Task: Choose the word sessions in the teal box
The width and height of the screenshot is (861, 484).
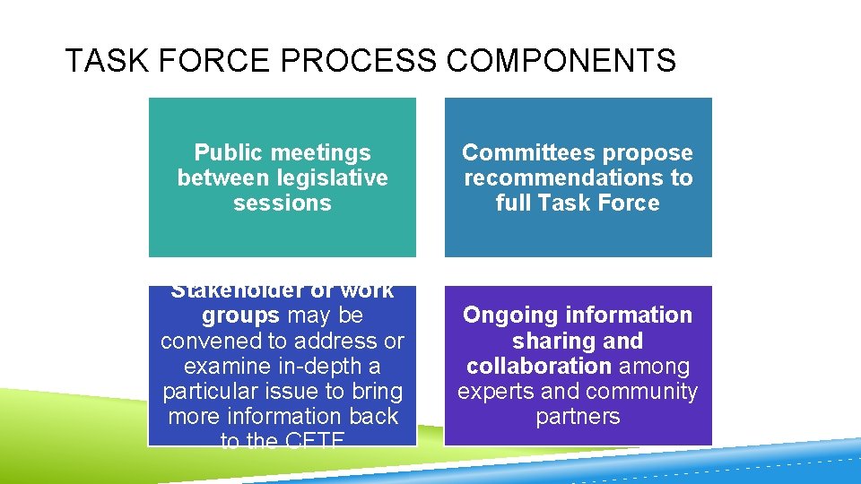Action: (283, 203)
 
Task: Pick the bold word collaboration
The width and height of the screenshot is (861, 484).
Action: (539, 367)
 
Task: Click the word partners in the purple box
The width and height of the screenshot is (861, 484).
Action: (578, 417)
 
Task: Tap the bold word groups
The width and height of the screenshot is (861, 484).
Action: (240, 315)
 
